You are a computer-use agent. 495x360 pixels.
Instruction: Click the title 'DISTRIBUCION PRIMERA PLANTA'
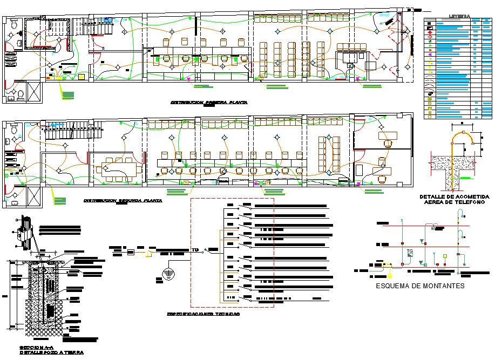tap(209, 102)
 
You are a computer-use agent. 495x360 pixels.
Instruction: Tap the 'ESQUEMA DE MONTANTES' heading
tap(420, 286)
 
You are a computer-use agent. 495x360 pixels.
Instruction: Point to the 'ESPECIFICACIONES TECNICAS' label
tap(203, 314)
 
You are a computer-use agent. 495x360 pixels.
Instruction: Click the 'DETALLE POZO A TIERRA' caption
tap(52, 352)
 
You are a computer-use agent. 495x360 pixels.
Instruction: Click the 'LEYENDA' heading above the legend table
tap(459, 17)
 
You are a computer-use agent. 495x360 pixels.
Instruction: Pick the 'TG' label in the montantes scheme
tap(410, 252)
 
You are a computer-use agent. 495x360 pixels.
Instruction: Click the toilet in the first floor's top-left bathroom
tap(13, 25)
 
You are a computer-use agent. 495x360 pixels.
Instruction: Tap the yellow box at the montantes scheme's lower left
tap(385, 265)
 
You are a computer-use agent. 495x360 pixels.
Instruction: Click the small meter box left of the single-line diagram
tap(130, 252)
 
